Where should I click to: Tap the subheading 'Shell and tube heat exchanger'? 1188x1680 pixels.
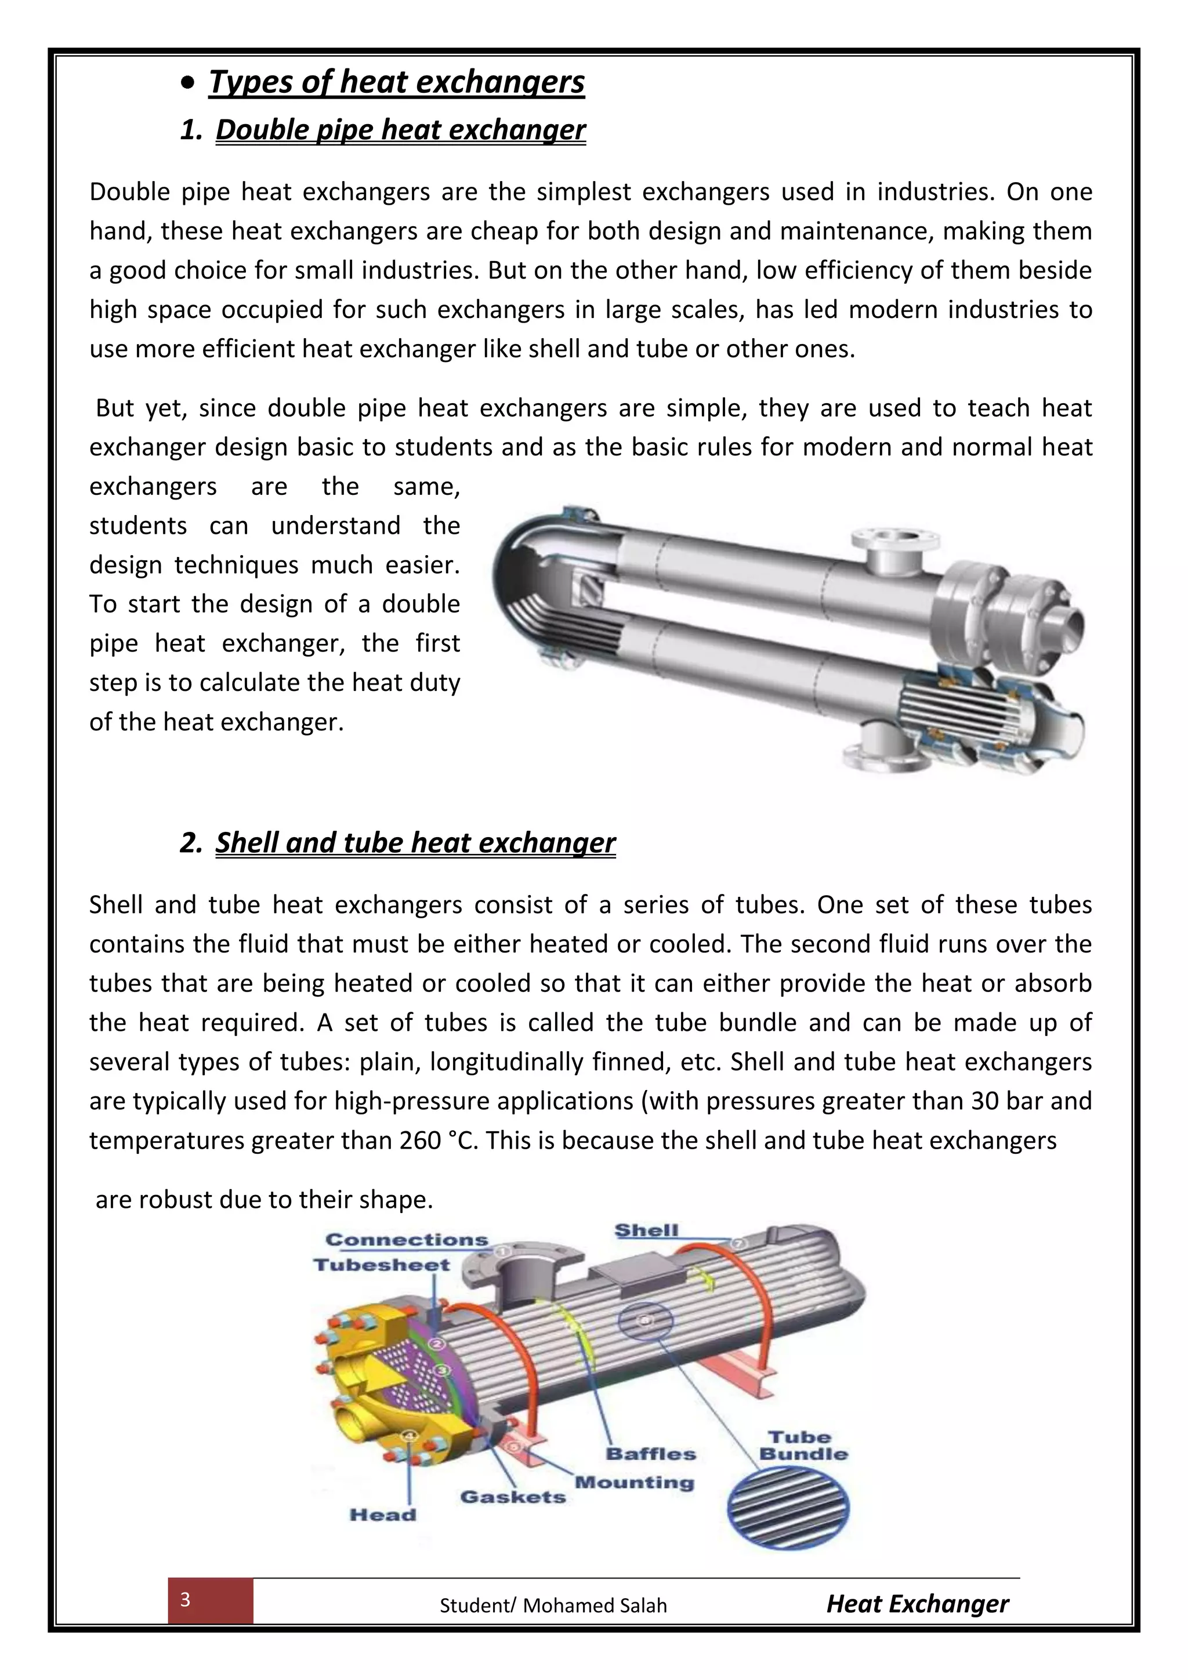pos(415,842)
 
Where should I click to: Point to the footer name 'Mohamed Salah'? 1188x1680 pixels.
pos(595,1605)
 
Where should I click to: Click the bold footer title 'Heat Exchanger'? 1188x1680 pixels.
pos(917,1603)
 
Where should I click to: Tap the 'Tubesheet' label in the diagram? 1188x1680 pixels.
pos(382,1265)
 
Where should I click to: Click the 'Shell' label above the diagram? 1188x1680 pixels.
pos(646,1231)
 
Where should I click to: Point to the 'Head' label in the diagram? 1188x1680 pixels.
pos(383,1515)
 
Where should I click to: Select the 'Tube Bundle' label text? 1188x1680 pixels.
pos(803,1446)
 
